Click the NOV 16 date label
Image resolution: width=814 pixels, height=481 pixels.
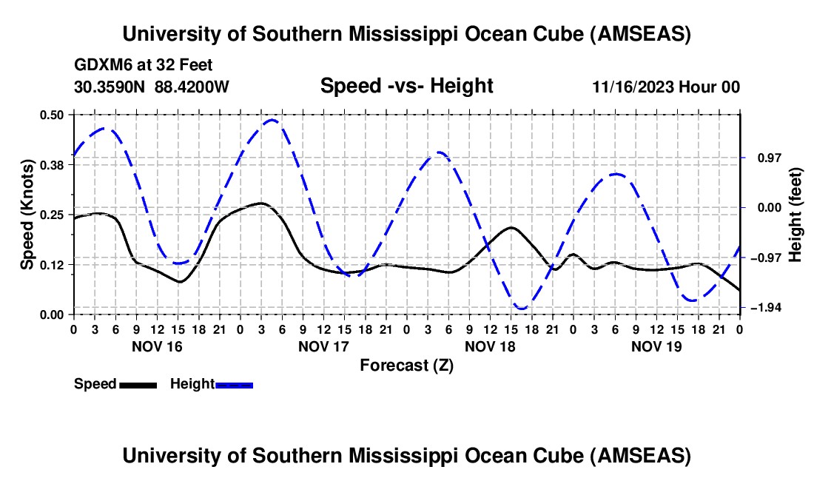click(x=156, y=346)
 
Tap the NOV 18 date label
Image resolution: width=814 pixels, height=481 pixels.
click(x=490, y=346)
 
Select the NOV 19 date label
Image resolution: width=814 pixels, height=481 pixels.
click(x=656, y=346)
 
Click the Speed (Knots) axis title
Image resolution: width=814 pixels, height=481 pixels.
click(x=27, y=214)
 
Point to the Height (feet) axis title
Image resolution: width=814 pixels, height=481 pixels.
click(x=795, y=214)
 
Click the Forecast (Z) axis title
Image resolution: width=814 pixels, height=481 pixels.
click(x=406, y=365)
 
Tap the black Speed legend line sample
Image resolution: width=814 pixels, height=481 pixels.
click(x=138, y=384)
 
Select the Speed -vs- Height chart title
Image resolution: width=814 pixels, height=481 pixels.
click(x=406, y=86)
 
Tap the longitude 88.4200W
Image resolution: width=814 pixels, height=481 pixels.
click(x=192, y=87)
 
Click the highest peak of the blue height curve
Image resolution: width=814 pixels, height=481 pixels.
click(x=272, y=120)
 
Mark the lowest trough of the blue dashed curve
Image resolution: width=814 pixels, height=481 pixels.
click(x=522, y=309)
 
